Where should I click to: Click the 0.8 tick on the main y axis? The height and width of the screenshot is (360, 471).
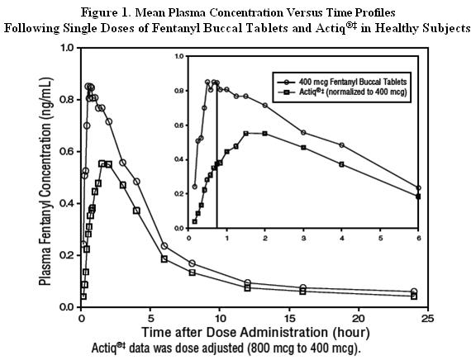(x=78, y=100)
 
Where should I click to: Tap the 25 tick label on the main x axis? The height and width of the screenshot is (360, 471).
(x=428, y=318)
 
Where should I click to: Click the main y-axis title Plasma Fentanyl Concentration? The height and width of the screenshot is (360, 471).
(x=46, y=182)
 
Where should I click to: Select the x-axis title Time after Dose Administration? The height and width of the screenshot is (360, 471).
(x=235, y=333)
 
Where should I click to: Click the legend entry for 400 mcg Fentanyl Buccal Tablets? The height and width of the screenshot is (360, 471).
(x=342, y=82)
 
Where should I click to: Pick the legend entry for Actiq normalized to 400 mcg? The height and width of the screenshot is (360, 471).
(x=342, y=92)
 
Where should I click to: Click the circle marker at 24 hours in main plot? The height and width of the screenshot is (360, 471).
(x=414, y=291)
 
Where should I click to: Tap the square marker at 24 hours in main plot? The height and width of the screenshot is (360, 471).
(x=414, y=296)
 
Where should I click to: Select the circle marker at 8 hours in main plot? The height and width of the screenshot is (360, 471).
(x=192, y=263)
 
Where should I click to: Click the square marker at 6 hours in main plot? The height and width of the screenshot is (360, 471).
(x=164, y=258)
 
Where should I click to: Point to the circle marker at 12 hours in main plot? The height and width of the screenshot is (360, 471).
(x=248, y=282)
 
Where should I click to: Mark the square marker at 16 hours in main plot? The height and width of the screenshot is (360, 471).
(x=302, y=291)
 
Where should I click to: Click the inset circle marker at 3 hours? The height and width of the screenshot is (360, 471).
(x=303, y=132)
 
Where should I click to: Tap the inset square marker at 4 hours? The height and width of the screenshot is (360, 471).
(x=342, y=164)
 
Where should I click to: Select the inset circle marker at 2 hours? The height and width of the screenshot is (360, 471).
(x=265, y=106)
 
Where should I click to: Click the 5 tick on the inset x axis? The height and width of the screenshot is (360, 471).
(x=380, y=230)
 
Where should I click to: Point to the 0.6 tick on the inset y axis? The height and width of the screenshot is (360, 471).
(x=187, y=126)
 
